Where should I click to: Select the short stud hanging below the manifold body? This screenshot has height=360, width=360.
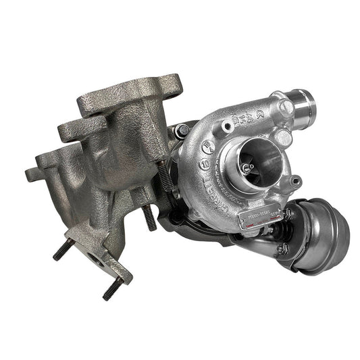pyautogui.click(x=149, y=217)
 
